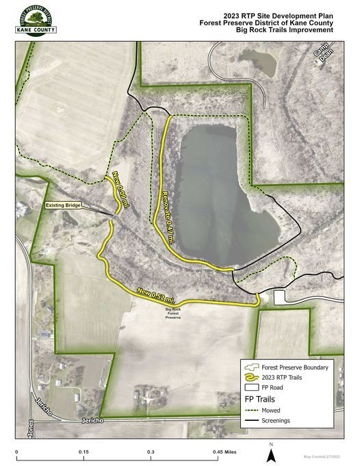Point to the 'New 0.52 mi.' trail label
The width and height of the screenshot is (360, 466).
point(155,296)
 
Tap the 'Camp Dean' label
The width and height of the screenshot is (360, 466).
point(321,58)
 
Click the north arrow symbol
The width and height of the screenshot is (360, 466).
point(271,452)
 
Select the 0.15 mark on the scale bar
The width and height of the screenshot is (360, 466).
point(83,452)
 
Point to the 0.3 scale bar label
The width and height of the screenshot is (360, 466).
point(150,452)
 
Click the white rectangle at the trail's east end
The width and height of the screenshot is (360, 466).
point(279,298)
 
